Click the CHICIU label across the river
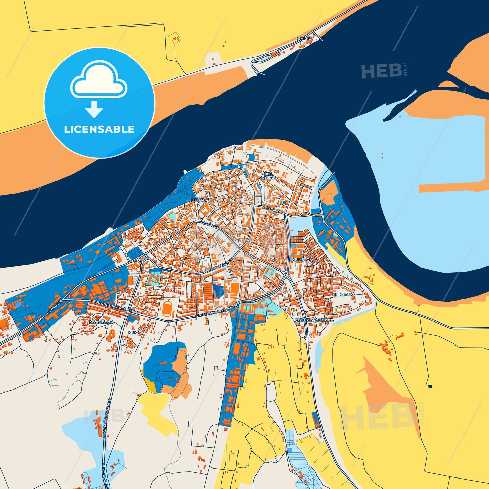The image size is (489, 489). pyautogui.click(x=304, y=38)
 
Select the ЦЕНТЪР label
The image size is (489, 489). pyautogui.click(x=200, y=200)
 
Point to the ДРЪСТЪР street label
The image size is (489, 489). pyautogui.click(x=271, y=209)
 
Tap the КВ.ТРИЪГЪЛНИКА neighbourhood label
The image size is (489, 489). pyautogui.click(x=314, y=320)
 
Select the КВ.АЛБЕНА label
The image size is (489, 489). pyautogui.click(x=101, y=321)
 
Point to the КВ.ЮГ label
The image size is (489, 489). pyautogui.click(x=134, y=333)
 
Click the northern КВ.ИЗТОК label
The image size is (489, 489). pyautogui.click(x=302, y=260)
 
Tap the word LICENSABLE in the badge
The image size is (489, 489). pyautogui.click(x=99, y=129)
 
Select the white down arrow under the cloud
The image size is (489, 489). pyautogui.click(x=94, y=109)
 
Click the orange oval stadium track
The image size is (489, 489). pyautogui.click(x=167, y=309)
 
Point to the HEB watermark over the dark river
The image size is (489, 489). pyautogui.click(x=382, y=71)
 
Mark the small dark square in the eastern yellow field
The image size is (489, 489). pyautogui.click(x=430, y=386)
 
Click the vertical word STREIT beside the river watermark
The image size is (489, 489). pyautogui.click(x=405, y=69)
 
